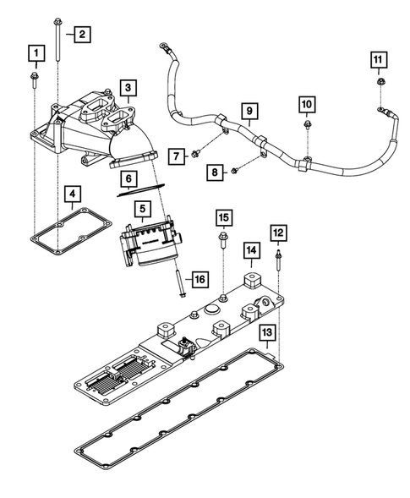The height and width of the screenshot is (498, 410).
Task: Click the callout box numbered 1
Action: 35,55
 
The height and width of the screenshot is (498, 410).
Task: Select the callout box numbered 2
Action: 82,35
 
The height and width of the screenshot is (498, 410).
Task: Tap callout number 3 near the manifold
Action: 128,87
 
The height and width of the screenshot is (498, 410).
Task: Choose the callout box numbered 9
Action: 249,110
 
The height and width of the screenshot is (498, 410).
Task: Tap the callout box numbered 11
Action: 380,59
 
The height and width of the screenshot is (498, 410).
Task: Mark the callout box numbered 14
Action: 251,250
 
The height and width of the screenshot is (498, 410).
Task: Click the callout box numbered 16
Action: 198,278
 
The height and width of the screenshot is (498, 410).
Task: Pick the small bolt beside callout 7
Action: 196,153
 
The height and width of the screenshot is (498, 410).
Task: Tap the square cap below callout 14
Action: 250,279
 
